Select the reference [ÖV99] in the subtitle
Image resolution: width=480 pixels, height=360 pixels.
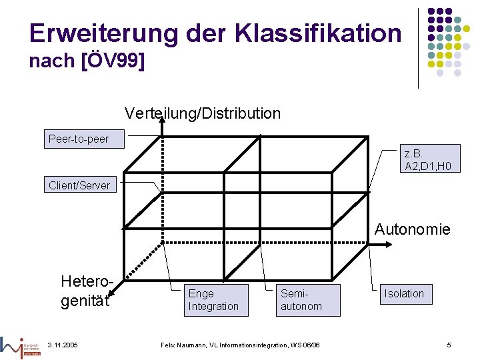(x=113, y=61)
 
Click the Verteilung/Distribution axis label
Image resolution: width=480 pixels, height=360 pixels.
(x=203, y=113)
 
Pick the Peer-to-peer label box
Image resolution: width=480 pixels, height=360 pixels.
(x=79, y=139)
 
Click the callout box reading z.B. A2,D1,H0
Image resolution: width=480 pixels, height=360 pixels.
(x=431, y=158)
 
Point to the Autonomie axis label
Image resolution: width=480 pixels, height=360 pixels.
(x=412, y=229)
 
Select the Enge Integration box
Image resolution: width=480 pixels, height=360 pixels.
(x=213, y=300)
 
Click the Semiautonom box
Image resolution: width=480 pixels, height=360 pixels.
(x=301, y=300)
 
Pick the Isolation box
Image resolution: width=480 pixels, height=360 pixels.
(x=403, y=293)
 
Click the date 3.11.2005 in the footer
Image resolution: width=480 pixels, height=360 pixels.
(x=63, y=344)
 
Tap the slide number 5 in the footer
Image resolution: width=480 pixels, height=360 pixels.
(x=449, y=344)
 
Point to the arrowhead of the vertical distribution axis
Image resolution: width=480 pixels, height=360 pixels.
(x=161, y=121)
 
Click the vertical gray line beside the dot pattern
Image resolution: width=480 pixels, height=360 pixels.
(x=418, y=47)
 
